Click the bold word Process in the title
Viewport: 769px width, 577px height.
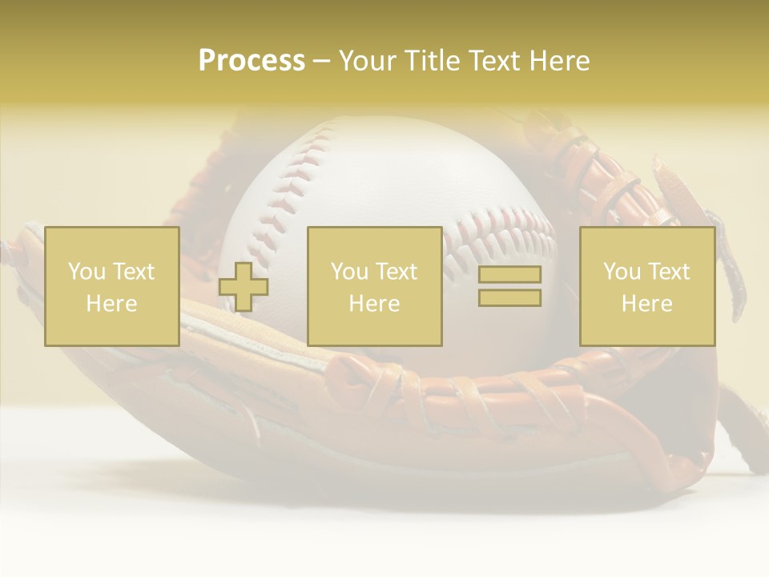coord(252,61)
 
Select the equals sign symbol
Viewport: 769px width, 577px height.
coord(509,286)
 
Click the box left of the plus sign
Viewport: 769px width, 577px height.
coord(111,286)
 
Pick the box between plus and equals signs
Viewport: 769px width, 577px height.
coord(374,286)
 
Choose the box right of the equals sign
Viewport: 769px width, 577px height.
coord(646,286)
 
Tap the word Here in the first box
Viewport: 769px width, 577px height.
coord(111,304)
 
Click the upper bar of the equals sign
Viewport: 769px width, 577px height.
coord(509,275)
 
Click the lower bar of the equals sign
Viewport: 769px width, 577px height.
coord(509,297)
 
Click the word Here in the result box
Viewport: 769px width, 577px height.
coord(646,304)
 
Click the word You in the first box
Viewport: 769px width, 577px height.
coord(87,272)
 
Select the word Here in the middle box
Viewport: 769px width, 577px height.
coord(374,304)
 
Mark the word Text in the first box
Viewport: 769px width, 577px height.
coord(133,272)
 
